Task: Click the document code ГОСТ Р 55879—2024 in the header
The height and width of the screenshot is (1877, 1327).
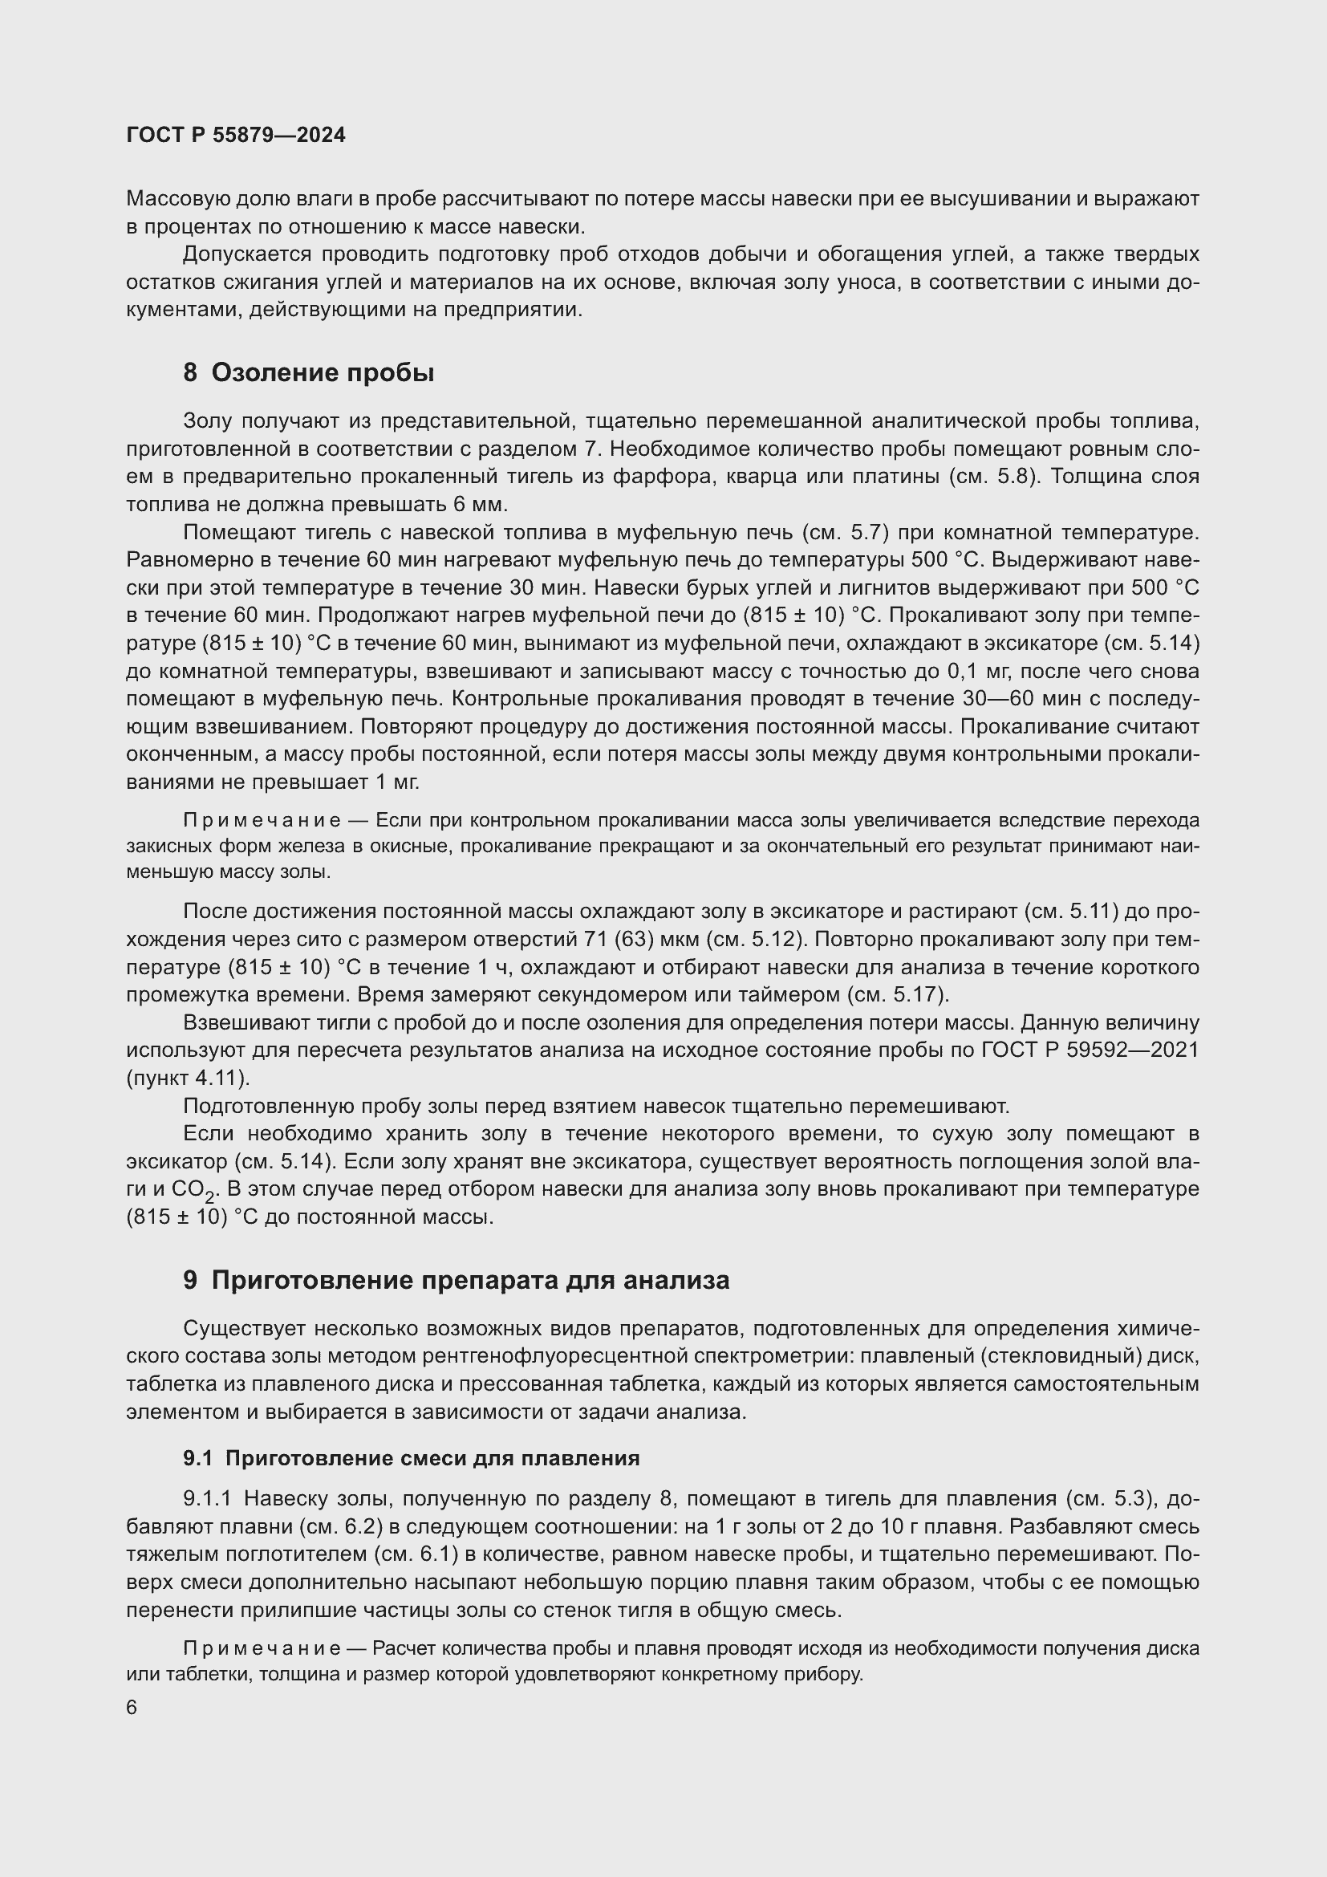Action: (x=236, y=135)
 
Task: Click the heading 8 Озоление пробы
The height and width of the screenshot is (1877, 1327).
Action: (x=308, y=373)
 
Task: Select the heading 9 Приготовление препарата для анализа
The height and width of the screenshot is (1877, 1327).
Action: (x=456, y=1280)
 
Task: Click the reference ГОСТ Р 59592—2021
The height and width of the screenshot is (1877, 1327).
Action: (x=1089, y=1050)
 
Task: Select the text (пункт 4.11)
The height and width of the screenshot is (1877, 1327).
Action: (x=187, y=1079)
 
